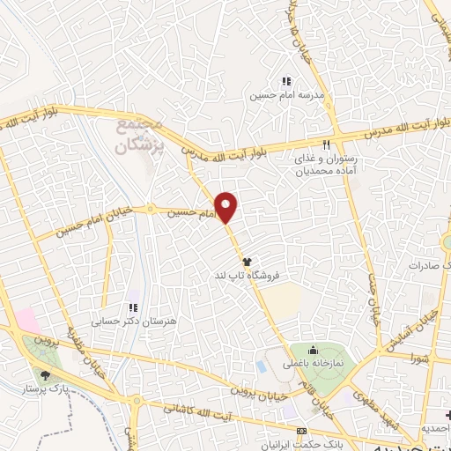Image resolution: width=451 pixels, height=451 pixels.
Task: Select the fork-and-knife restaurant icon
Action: pos(325,144)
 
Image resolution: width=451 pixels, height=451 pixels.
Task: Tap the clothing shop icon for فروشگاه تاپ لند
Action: pos(248,262)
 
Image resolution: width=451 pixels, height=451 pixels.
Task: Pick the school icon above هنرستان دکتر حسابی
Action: pos(133,308)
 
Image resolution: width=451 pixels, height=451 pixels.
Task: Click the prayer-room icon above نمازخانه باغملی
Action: pos(312,351)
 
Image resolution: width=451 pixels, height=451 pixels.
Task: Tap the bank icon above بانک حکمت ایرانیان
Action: pos(302,432)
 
